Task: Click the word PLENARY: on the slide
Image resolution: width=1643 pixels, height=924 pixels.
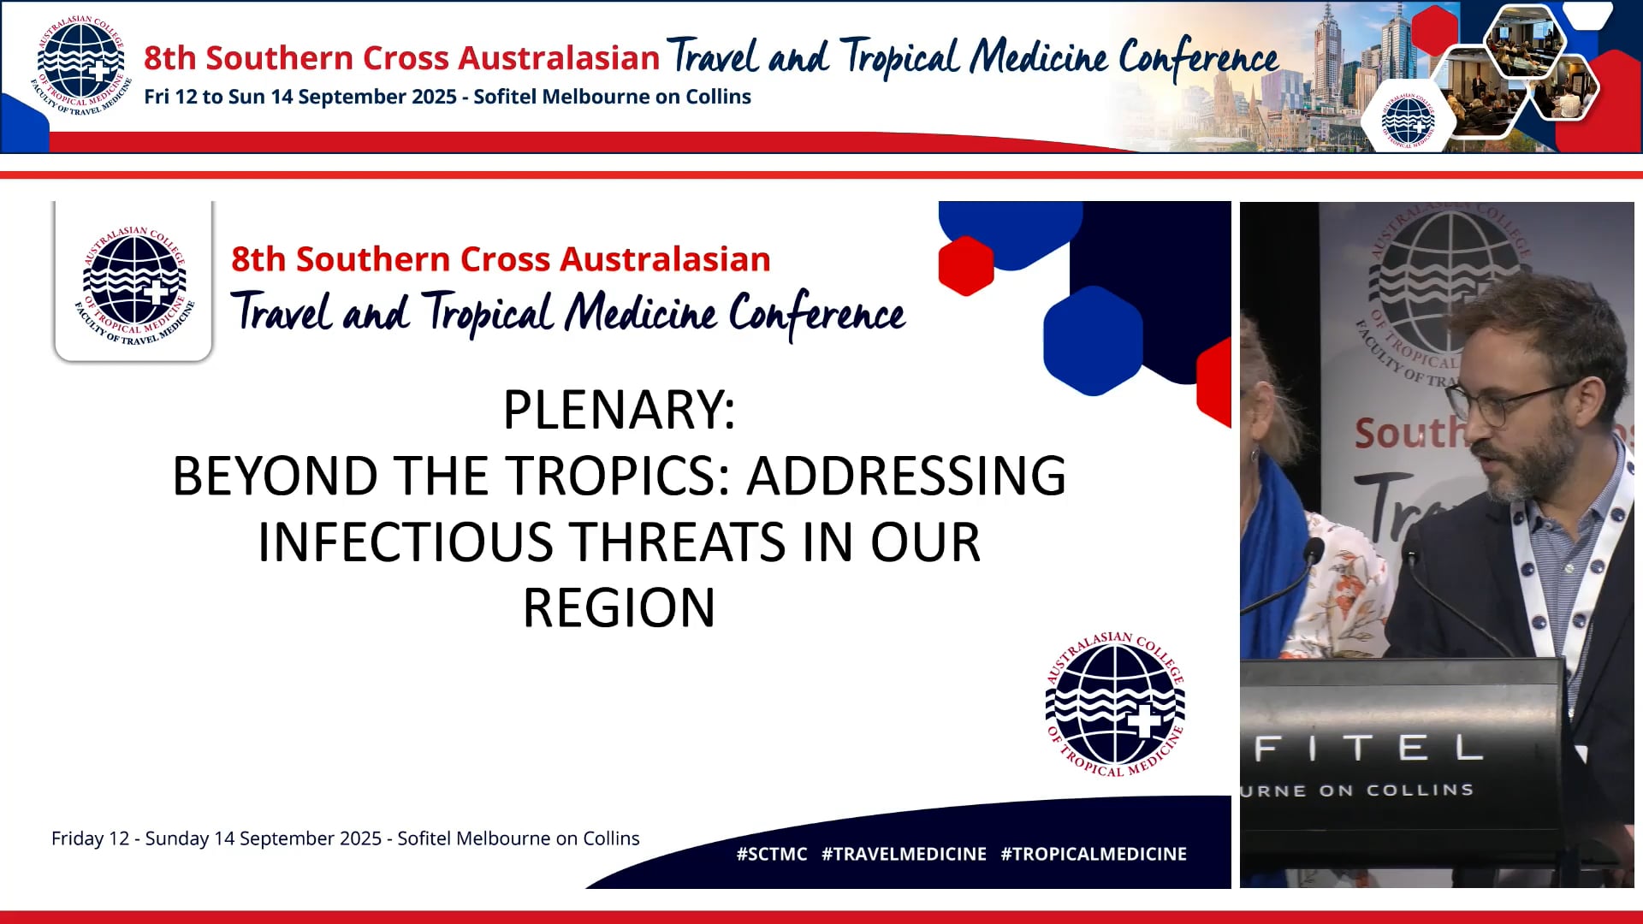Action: (619, 410)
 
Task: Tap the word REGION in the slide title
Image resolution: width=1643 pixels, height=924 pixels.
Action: (619, 608)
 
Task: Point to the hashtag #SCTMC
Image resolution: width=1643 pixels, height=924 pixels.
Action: (771, 854)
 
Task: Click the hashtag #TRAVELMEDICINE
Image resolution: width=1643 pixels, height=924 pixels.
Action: (904, 854)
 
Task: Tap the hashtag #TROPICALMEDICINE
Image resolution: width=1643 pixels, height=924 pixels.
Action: (1093, 854)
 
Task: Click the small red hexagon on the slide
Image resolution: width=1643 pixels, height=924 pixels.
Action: (965, 265)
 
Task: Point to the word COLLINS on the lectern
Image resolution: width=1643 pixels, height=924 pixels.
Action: (1420, 790)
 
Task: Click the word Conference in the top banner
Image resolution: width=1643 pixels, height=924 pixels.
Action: (1198, 58)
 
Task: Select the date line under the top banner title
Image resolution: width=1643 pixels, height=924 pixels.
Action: (447, 97)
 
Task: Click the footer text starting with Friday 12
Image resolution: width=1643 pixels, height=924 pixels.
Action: (345, 838)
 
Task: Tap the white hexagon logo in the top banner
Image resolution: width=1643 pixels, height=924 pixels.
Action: (1408, 120)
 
